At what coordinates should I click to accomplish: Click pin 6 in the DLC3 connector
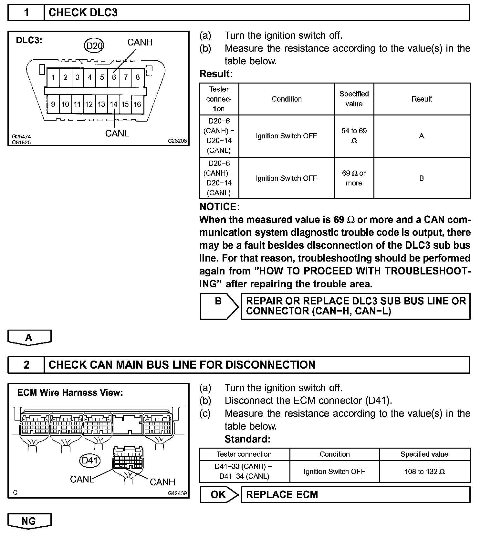click(x=114, y=77)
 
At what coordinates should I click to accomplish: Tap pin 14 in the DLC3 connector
click(x=113, y=104)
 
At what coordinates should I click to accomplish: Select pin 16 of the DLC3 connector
click(x=137, y=104)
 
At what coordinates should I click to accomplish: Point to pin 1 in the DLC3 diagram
click(x=53, y=77)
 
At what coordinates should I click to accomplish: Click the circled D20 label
click(x=94, y=46)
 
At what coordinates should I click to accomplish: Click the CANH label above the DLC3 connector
click(x=140, y=42)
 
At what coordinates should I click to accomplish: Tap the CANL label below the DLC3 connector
click(x=117, y=133)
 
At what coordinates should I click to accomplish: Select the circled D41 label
click(x=90, y=460)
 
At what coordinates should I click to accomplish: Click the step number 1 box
click(x=26, y=13)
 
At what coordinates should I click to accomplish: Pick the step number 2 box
click(x=26, y=365)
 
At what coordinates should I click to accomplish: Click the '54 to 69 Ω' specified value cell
click(x=354, y=136)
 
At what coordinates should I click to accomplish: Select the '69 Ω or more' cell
click(x=354, y=178)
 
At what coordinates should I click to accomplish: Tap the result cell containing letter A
click(x=422, y=136)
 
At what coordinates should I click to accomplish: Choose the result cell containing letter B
click(x=422, y=178)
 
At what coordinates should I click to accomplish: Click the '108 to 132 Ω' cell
click(x=424, y=471)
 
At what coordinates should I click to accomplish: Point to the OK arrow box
click(x=219, y=494)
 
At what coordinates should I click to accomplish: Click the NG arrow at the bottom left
click(x=29, y=521)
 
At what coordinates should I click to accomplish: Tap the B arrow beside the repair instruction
click(x=219, y=306)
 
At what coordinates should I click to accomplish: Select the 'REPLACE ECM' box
click(x=355, y=494)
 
